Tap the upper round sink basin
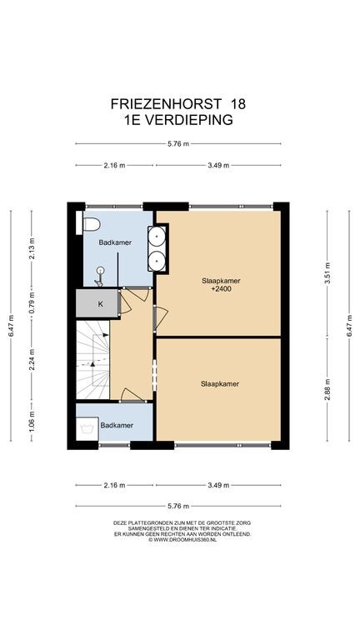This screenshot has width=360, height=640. coord(157,236)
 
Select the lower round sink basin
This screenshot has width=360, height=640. coord(157,260)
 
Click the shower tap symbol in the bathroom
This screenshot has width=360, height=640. coord(99,277)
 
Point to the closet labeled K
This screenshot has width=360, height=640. coord(97,303)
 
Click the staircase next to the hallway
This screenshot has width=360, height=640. coord(92,360)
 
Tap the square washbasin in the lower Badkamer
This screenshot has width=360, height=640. coord(87,428)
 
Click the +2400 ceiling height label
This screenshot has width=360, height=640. coord(221,289)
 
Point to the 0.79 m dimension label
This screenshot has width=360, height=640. coord(32,300)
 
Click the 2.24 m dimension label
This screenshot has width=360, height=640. coord(32,359)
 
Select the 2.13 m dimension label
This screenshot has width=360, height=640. coord(32,247)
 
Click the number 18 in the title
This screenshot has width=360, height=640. coord(238,104)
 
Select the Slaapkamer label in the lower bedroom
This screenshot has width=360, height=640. coord(220,383)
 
